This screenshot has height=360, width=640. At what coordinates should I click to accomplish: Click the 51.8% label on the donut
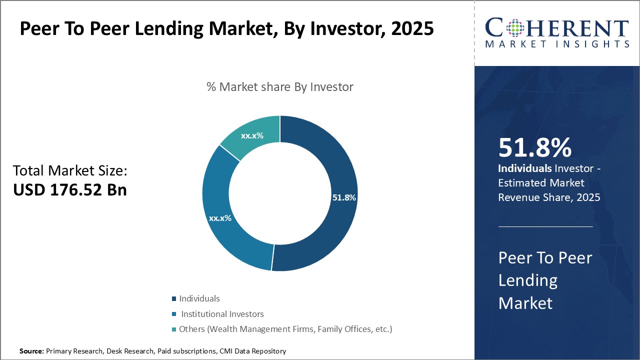click(x=343, y=197)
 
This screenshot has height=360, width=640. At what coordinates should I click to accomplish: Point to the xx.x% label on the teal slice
click(x=252, y=135)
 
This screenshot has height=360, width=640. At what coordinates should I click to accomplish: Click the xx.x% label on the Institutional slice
click(x=220, y=218)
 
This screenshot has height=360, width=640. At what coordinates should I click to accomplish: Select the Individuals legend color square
click(x=174, y=299)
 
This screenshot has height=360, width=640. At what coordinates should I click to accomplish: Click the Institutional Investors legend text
click(x=222, y=314)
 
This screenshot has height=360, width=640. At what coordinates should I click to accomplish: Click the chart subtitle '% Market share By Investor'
click(x=280, y=87)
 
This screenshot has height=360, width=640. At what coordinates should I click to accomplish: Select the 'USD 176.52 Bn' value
click(x=70, y=190)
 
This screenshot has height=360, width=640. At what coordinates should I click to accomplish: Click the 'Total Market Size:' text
click(x=70, y=171)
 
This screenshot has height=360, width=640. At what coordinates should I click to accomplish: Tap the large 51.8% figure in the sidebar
click(x=534, y=148)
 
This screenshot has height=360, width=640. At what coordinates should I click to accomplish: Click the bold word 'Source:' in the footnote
click(x=31, y=351)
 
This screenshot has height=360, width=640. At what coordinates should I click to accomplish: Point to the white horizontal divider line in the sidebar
click(x=545, y=226)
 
